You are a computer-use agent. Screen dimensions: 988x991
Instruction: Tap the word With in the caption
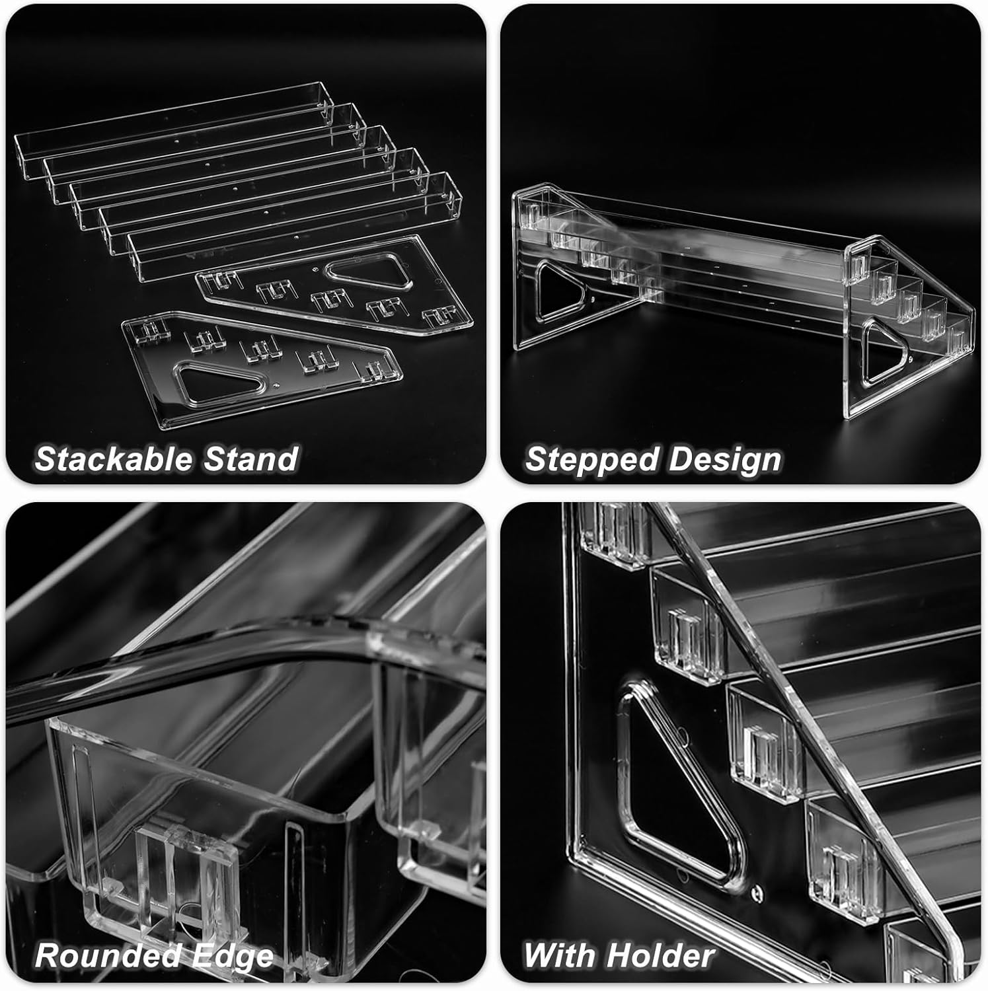click(561, 955)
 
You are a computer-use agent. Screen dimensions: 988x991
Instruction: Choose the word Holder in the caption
click(661, 955)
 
